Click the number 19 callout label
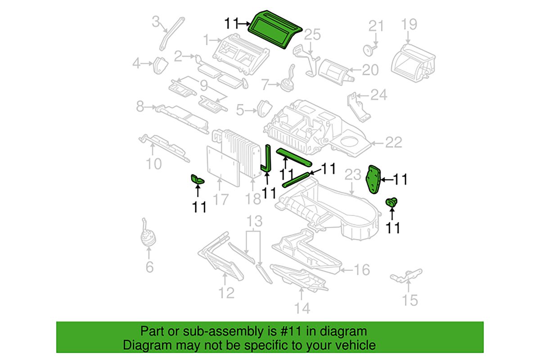click(x=409, y=24)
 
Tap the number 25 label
click(x=312, y=35)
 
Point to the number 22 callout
click(x=394, y=142)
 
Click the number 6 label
click(x=149, y=267)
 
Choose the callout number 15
click(x=409, y=301)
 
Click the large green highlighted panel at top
click(x=275, y=29)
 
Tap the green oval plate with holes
click(x=373, y=180)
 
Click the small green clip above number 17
click(x=197, y=180)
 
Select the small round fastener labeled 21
click(x=369, y=50)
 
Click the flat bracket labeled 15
click(x=406, y=275)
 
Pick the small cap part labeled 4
click(x=160, y=65)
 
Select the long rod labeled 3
click(x=171, y=33)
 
